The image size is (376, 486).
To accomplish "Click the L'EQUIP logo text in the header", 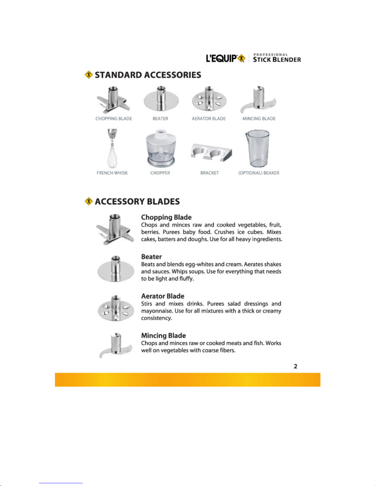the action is (221, 59).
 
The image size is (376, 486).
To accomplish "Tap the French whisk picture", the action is (112, 149).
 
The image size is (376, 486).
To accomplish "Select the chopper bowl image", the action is (160, 148).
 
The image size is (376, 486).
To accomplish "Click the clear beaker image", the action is (258, 148).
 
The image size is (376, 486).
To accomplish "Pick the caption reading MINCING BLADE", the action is (259, 119).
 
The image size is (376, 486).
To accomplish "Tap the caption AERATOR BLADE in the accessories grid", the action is (209, 119).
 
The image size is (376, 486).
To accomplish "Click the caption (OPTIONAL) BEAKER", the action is (259, 173).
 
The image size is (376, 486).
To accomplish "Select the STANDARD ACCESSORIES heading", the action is (148, 75).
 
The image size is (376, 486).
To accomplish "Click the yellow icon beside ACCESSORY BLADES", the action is (89, 201).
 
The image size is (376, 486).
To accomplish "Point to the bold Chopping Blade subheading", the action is (166, 217).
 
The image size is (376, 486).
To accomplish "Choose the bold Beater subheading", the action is (152, 257).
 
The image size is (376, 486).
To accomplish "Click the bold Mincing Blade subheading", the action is (163, 335).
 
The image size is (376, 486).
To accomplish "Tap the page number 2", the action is (295, 366).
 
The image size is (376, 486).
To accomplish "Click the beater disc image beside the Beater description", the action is (116, 269).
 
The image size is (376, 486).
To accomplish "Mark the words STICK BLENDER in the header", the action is (277, 59).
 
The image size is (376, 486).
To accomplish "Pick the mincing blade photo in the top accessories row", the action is (258, 100).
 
